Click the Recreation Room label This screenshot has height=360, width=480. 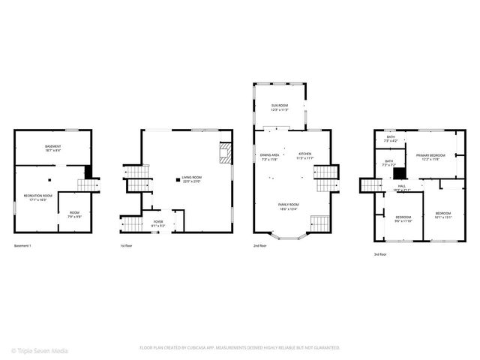37,198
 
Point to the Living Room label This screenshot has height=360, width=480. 190,179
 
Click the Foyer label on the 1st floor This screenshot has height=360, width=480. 158,223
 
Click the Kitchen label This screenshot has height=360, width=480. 304,155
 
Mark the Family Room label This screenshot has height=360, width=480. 289,206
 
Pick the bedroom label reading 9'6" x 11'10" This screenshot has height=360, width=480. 403,219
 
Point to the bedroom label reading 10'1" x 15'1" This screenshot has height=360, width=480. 443,215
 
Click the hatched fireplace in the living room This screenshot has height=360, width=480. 225,153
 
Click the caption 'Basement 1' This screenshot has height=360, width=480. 24,245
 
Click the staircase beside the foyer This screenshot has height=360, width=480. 132,223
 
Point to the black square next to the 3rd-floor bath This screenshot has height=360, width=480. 399,172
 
